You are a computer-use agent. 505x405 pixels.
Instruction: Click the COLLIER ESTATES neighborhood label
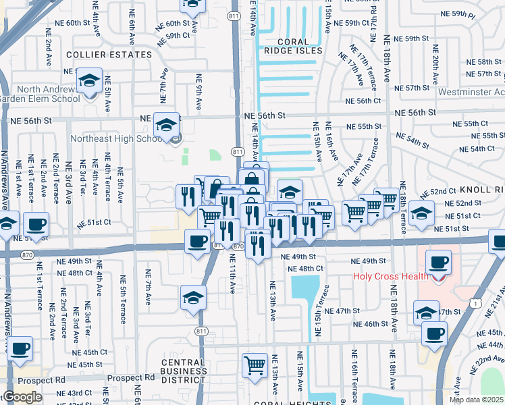click(109, 55)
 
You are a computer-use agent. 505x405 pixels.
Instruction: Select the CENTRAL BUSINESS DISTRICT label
click(184, 372)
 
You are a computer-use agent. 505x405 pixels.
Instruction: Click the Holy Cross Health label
click(390, 276)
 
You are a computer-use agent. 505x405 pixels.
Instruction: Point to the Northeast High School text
click(119, 139)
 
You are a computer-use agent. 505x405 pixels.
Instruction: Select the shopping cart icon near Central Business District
click(255, 365)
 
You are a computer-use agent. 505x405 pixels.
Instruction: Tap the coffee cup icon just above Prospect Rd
click(20, 348)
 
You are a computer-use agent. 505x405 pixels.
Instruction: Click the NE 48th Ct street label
click(305, 269)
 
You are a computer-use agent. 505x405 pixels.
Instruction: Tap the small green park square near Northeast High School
click(215, 155)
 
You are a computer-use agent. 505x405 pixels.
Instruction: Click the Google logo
click(22, 397)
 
